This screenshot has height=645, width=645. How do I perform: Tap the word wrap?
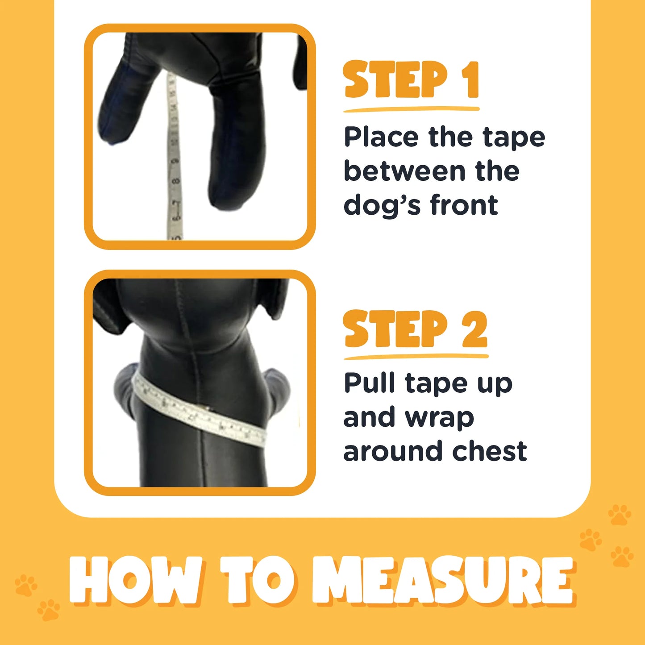coord(439,418)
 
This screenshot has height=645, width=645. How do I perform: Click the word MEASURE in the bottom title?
coord(442,580)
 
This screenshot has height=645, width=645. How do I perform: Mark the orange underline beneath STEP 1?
coord(411,108)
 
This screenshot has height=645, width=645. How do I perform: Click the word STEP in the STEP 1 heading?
coord(395,80)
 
